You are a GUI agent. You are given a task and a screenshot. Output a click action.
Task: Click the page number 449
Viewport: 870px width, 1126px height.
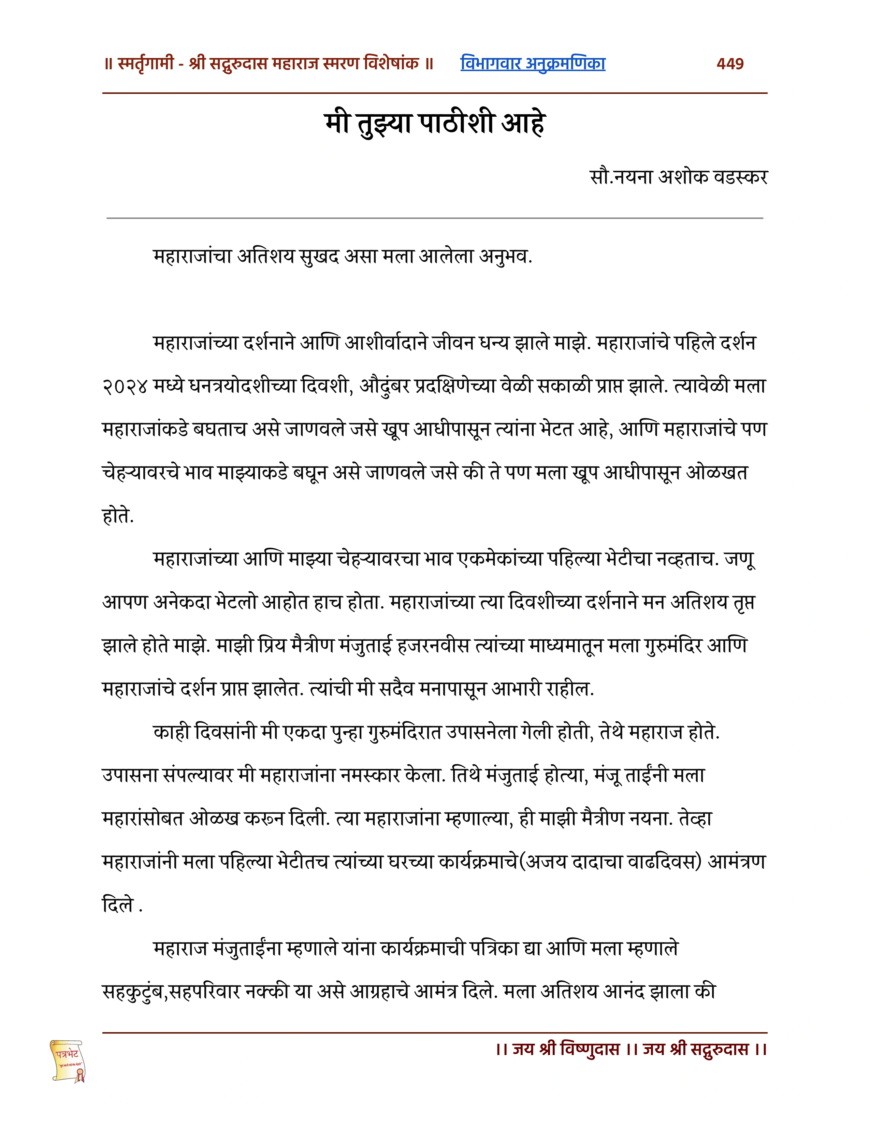point(730,64)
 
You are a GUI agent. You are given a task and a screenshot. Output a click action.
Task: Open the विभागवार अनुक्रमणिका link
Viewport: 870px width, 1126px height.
point(533,64)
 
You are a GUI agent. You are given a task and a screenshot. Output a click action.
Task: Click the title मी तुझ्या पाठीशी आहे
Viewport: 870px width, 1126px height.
point(434,124)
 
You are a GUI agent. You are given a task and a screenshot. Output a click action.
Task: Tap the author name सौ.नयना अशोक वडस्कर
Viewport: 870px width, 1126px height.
point(678,177)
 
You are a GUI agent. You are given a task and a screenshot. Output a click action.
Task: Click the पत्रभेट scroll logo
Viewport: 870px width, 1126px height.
point(68,1060)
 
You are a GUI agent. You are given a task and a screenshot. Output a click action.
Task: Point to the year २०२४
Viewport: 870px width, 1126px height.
point(126,387)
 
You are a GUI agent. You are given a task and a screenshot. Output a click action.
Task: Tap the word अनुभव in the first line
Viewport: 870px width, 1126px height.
point(505,256)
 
